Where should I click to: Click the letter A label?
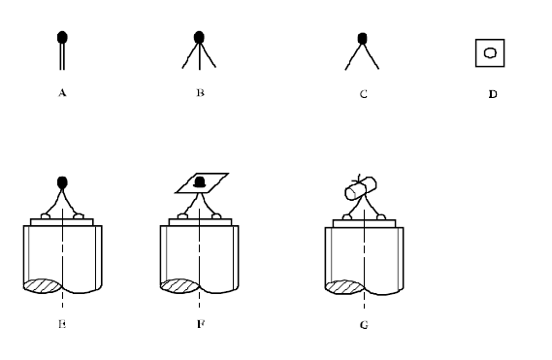62,92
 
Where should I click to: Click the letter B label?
200,92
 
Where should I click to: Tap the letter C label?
364,94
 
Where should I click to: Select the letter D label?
493,94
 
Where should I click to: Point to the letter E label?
62,324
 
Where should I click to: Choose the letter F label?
201,324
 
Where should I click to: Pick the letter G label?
364,324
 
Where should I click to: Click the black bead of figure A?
62,37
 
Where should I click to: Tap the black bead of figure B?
199,37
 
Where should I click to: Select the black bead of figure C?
362,39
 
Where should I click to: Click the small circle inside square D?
490,52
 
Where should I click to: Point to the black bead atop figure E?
62,182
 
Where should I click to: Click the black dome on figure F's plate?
200,182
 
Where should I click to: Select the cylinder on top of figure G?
361,188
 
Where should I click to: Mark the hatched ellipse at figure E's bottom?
43,286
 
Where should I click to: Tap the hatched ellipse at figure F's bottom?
179,286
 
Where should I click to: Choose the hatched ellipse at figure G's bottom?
344,287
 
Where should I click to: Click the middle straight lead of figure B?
200,56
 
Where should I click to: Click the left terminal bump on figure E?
46,216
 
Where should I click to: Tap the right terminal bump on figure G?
381,217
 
